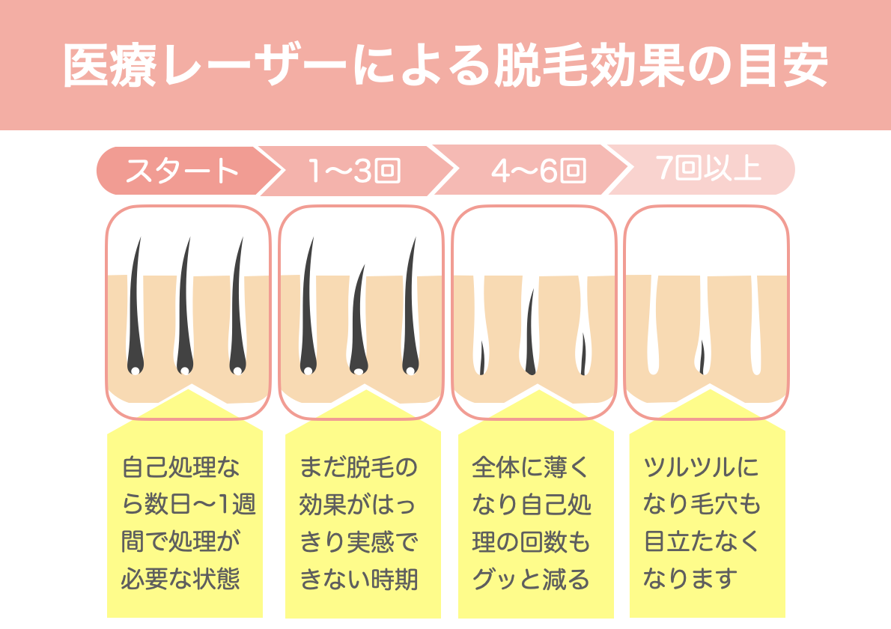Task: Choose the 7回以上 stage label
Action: (707, 170)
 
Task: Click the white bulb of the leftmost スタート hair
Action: (135, 371)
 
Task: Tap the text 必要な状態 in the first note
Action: (180, 579)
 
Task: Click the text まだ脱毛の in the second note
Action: (358, 468)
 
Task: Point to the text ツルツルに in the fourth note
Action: (701, 468)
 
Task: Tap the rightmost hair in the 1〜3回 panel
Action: (409, 307)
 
